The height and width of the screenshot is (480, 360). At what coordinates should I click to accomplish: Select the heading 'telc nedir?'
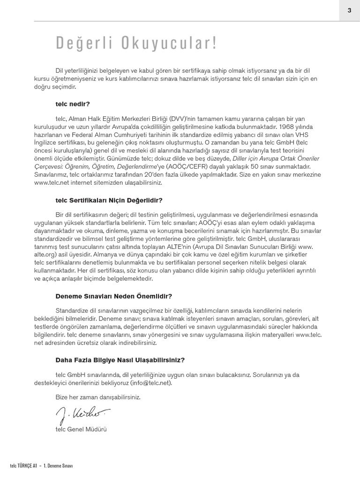[72, 104]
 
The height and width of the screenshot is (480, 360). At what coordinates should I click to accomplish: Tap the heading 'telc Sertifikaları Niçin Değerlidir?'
[109, 200]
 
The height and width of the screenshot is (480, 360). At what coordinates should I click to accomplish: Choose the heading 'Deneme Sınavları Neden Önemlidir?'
[113, 296]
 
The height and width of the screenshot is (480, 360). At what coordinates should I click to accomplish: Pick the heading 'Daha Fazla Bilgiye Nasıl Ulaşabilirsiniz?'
[120, 360]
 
